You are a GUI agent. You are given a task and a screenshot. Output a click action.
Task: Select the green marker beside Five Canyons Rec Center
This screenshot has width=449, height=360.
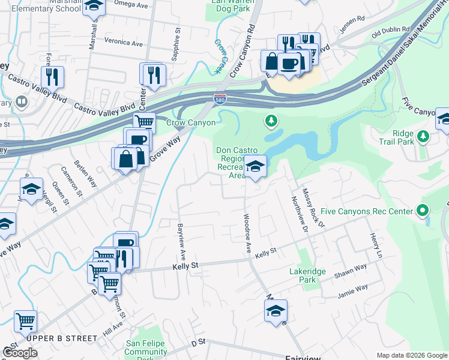[423, 211]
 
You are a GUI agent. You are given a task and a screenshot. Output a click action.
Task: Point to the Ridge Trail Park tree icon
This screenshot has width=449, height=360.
[424, 137]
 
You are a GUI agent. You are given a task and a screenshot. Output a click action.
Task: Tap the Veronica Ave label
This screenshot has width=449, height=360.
[123, 43]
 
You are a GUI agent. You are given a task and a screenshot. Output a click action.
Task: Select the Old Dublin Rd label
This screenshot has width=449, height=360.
[390, 29]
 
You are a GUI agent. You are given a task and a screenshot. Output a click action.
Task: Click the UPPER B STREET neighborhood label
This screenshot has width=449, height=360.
[61, 338]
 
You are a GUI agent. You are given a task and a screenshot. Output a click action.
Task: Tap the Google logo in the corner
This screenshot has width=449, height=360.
[20, 352]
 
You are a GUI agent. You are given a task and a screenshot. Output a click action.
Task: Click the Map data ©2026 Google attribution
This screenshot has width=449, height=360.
[412, 355]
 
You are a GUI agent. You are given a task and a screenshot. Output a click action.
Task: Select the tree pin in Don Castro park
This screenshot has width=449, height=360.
[271, 122]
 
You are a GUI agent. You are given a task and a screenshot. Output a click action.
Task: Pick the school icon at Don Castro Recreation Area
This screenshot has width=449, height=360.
[255, 167]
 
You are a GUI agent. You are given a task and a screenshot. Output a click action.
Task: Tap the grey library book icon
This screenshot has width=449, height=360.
[22, 102]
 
